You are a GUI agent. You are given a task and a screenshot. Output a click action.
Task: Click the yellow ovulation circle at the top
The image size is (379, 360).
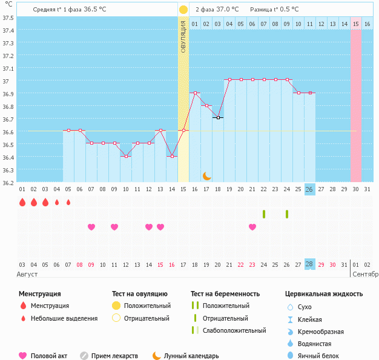(183, 10)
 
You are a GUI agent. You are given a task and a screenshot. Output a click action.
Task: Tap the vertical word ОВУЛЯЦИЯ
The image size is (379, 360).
(183, 36)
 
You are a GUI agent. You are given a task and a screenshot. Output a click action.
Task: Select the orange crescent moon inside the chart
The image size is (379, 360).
(206, 176)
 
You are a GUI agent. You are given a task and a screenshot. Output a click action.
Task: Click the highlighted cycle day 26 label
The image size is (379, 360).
(309, 189)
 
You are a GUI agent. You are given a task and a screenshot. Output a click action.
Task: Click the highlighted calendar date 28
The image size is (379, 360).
(309, 265)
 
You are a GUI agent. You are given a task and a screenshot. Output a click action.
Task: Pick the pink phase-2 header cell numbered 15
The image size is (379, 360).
(356, 24)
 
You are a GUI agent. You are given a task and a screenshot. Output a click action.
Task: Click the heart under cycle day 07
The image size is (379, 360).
(91, 227)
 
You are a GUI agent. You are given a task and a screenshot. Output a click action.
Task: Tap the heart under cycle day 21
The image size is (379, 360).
(252, 227)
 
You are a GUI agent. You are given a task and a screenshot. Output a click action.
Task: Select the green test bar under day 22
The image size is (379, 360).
(264, 214)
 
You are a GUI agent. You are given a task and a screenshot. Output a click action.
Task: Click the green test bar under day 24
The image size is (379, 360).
(287, 214)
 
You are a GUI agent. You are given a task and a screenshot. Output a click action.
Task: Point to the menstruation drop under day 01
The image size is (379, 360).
(22, 202)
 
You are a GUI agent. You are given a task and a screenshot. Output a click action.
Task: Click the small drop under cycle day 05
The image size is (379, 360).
(68, 202)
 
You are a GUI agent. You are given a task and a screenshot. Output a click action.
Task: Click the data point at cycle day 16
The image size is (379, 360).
(195, 93)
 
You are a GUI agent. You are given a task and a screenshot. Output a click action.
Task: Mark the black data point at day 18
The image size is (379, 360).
(218, 118)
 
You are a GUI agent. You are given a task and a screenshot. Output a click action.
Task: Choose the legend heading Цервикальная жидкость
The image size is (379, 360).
(323, 293)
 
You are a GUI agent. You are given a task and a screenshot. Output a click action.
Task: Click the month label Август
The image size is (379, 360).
(28, 274)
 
